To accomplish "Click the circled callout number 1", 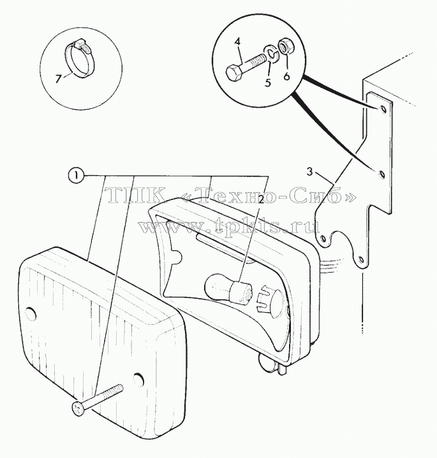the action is coord(75,176).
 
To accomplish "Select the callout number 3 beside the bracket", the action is coord(309,172).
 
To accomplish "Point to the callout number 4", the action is coord(237,42).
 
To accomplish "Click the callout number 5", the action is coord(268,83).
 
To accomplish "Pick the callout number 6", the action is coord(286,76).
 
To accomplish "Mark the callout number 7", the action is coord(59,78).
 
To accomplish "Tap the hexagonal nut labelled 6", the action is coord(283,47).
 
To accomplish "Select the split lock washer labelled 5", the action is coord(271,54).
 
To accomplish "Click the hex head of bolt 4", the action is coord(234,72).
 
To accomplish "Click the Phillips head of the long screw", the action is coord(78,408).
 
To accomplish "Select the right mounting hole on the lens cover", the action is coord(138,379).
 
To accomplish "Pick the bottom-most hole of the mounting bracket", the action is coord(361,259).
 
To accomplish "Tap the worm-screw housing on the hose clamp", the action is coord(80,45).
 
